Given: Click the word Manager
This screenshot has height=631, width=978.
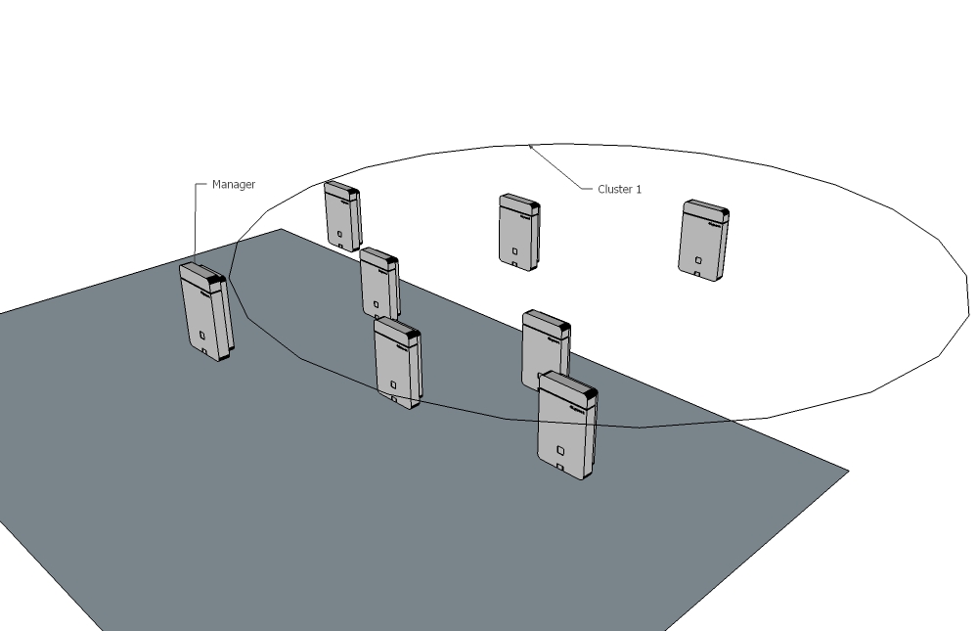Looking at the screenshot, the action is tap(234, 184).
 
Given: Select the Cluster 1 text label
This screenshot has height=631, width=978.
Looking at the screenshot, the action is tap(619, 189).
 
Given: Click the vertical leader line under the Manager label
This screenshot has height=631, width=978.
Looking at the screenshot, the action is tap(195, 223).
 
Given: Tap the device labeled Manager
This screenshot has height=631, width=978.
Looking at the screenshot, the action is tap(206, 311).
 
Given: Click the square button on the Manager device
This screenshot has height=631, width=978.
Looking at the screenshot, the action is tap(202, 336).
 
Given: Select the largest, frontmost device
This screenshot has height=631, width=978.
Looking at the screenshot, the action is tap(567, 425).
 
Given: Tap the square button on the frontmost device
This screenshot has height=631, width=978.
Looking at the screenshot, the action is tap(560, 450).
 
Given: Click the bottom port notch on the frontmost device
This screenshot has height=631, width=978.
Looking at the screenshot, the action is tap(559, 467).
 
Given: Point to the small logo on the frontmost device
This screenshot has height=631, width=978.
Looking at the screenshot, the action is tap(578, 409).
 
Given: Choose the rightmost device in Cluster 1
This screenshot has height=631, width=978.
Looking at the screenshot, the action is tap(703, 241).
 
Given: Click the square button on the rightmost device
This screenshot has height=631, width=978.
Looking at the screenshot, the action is tap(698, 260).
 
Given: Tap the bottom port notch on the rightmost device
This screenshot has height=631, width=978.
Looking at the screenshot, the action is tap(696, 273).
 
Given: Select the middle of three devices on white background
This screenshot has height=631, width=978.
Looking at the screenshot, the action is tap(519, 232).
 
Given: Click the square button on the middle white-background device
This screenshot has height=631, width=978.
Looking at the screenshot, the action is tap(515, 251).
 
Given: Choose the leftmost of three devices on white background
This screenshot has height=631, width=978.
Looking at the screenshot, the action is tap(342, 216).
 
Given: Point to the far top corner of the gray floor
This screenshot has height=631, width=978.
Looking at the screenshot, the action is tap(281, 229).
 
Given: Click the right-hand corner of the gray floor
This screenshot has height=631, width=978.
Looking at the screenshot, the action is tap(848, 471).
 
